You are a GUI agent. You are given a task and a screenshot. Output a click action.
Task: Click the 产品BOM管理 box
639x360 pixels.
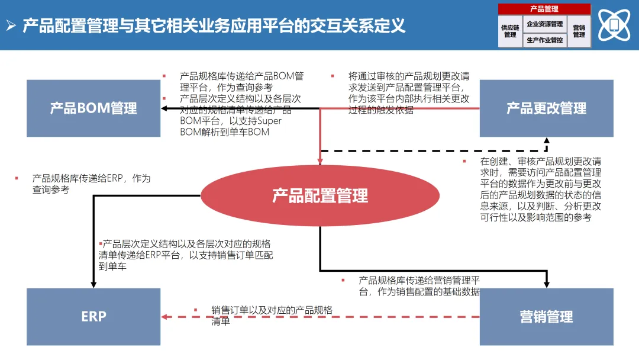(93, 108)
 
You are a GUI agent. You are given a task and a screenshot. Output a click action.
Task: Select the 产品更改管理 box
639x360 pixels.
(546, 108)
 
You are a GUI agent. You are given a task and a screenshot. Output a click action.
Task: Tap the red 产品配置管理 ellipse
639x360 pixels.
(320, 195)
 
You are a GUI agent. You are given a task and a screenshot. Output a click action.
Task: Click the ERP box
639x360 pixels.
(93, 316)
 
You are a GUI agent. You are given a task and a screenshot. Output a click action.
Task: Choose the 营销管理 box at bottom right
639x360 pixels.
(546, 316)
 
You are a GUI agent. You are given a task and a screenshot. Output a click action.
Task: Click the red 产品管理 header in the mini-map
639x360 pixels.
(544, 9)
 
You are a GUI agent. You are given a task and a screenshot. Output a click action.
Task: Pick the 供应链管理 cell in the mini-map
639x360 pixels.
(510, 31)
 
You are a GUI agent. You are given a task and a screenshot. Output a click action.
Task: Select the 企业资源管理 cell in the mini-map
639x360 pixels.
(544, 24)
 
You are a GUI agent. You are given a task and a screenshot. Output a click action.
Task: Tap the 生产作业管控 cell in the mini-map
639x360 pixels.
(544, 40)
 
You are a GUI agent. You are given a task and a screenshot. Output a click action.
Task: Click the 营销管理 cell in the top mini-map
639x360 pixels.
(579, 31)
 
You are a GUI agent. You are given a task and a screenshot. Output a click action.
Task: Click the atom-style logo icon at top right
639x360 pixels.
(614, 25)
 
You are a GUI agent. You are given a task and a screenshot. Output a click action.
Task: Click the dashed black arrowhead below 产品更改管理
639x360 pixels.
(546, 141)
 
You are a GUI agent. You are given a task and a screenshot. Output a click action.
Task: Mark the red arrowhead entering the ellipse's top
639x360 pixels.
(320, 161)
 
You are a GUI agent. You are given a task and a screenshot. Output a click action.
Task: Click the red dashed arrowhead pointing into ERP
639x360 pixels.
(165, 317)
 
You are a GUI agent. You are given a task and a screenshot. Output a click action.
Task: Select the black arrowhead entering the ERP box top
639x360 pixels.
(93, 284)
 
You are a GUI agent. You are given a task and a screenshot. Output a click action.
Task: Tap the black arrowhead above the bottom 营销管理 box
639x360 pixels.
(546, 284)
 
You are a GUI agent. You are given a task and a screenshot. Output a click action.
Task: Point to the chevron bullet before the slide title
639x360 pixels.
(11, 25)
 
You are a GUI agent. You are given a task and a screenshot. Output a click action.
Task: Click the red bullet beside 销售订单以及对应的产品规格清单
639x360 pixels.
(195, 310)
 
